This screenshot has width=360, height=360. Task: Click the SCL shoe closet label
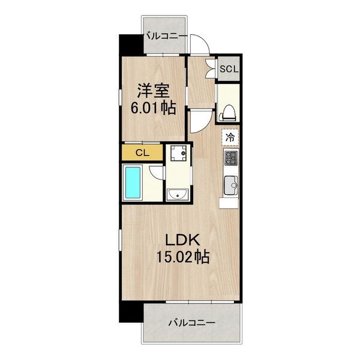point(229,68)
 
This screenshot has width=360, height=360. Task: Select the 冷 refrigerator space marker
point(230,137)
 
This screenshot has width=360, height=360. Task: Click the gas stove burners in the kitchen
point(230,158)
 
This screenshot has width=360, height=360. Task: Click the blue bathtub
point(132,183)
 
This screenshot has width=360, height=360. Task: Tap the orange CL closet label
point(142,152)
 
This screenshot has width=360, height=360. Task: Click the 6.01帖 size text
point(154,109)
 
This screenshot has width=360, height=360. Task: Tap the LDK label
point(179,241)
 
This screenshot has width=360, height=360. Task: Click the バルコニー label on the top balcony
point(164,37)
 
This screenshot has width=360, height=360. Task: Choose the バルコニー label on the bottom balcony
point(191,323)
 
